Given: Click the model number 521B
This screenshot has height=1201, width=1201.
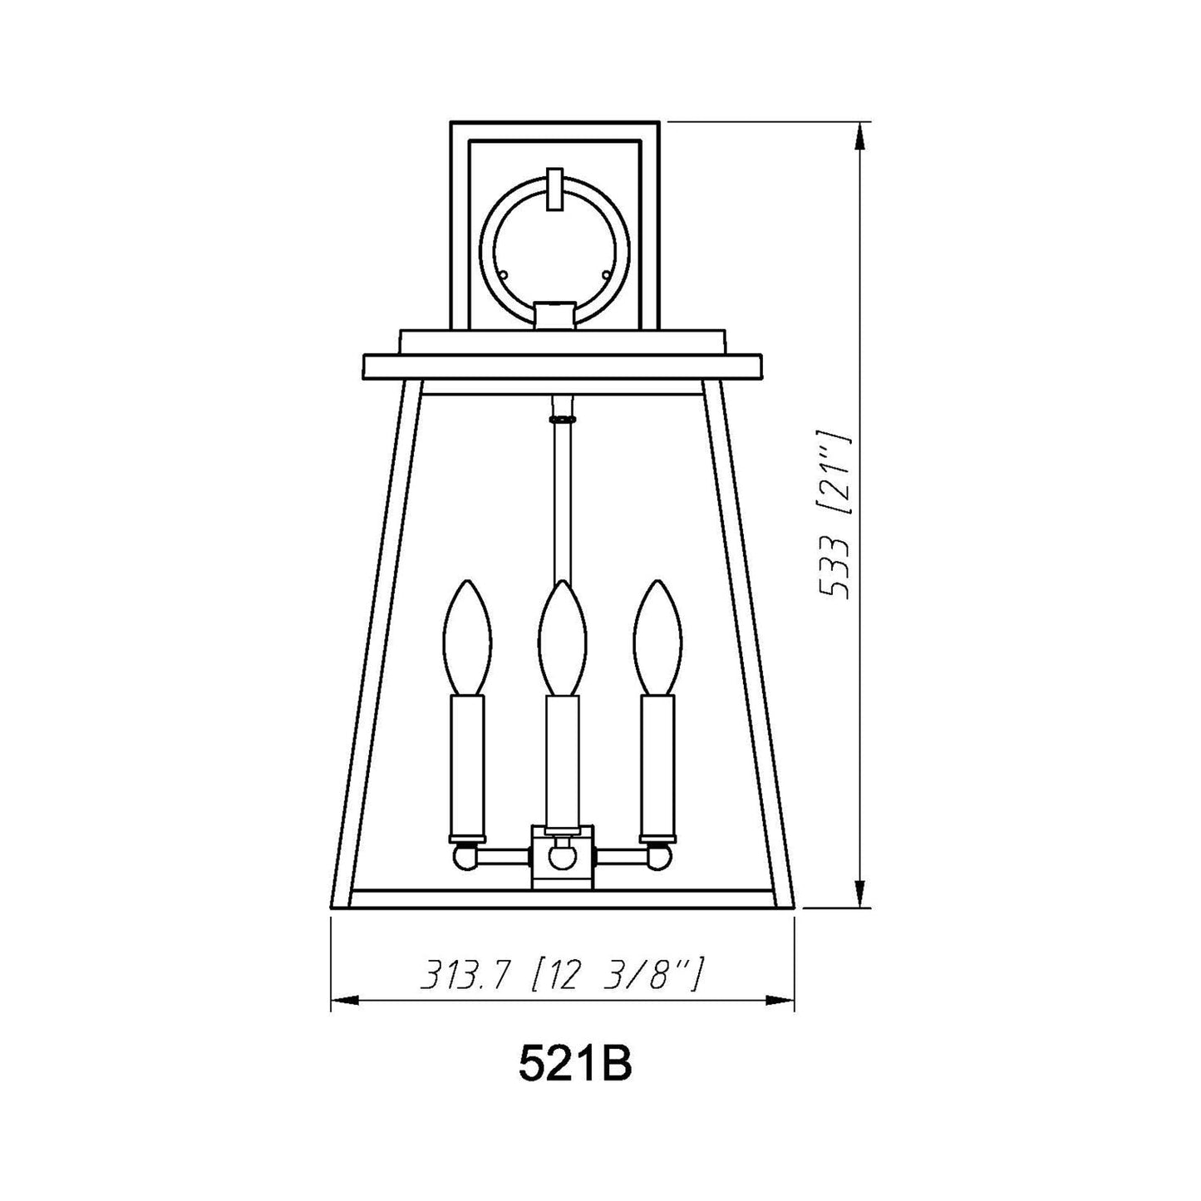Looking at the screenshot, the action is tap(575, 1082).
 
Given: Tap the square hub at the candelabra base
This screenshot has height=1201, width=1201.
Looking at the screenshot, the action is tap(563, 856).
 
